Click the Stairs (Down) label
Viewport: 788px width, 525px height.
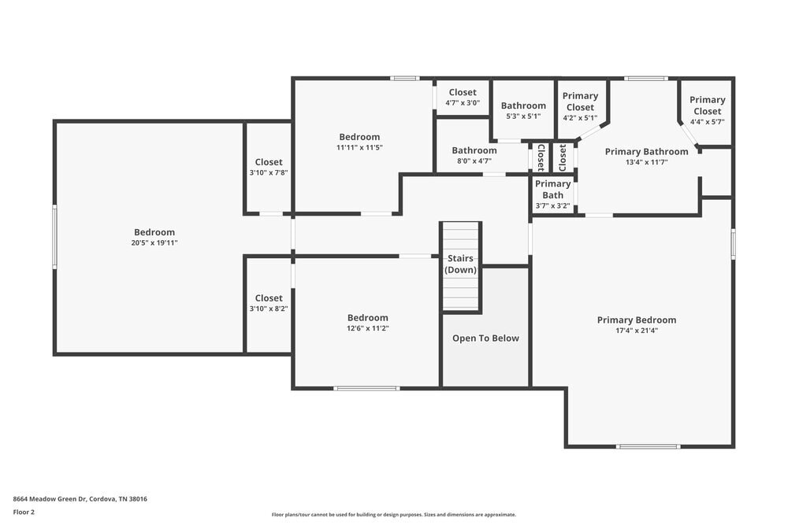click(x=461, y=264)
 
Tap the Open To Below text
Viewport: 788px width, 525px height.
click(x=485, y=338)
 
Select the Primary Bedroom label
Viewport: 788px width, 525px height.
click(x=636, y=320)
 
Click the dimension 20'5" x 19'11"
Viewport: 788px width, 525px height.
click(x=154, y=243)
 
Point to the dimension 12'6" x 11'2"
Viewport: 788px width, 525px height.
click(x=368, y=328)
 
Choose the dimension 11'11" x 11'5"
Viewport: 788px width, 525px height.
click(x=359, y=147)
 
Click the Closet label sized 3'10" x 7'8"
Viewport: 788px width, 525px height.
click(x=269, y=162)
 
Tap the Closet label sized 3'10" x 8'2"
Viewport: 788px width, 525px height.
click(x=269, y=298)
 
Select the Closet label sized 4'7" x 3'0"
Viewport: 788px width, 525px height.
click(x=463, y=92)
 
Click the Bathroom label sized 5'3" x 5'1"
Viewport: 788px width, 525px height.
click(x=523, y=105)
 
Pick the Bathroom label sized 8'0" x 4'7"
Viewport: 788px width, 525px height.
click(x=474, y=150)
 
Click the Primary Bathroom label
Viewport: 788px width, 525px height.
click(x=646, y=152)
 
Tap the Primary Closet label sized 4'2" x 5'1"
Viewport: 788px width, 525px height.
click(x=580, y=102)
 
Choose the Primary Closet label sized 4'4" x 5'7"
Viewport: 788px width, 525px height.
click(x=707, y=105)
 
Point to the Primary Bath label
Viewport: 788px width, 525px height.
click(x=552, y=189)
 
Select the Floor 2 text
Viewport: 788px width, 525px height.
click(x=24, y=512)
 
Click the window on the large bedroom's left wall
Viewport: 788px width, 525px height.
click(x=54, y=237)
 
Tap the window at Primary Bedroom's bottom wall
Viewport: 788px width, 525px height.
click(x=648, y=446)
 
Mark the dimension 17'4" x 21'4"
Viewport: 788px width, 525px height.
click(x=636, y=331)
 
